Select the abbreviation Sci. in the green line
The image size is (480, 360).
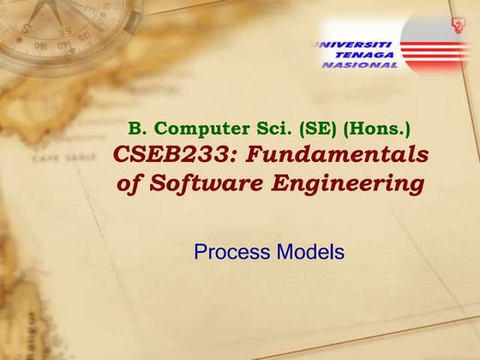256,129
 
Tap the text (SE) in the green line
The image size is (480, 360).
301,129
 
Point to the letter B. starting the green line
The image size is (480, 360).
135,129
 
